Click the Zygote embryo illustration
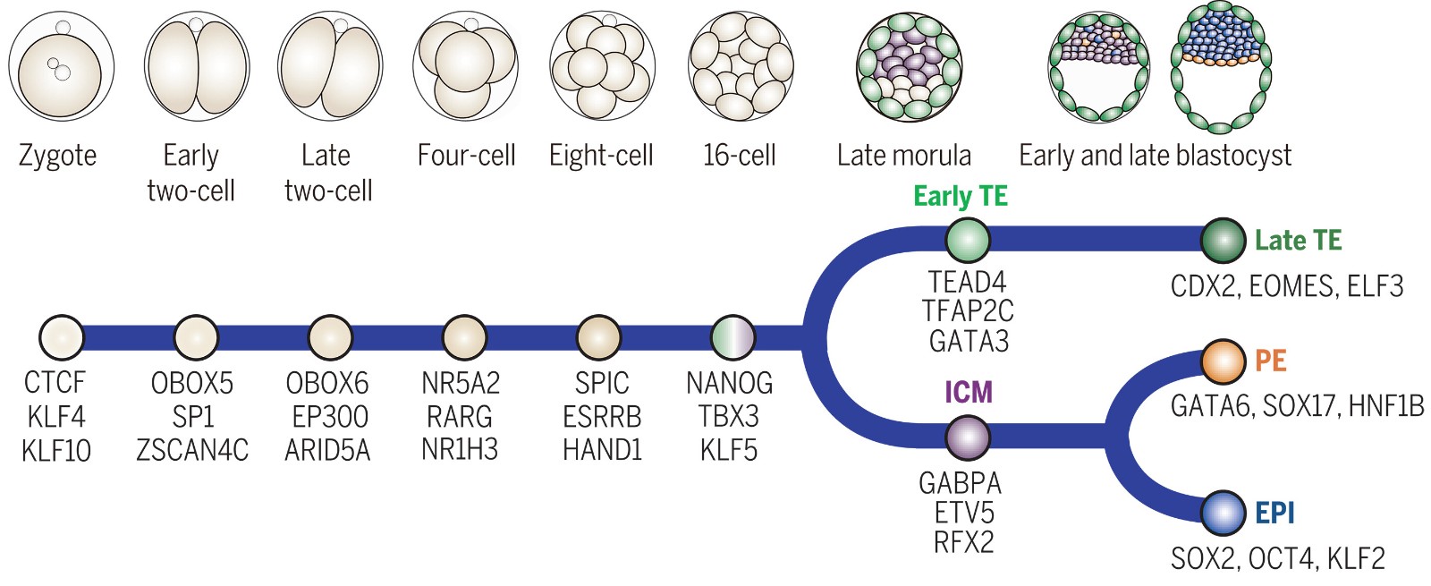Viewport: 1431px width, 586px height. tap(62, 67)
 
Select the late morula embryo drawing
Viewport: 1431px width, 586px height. tap(908, 68)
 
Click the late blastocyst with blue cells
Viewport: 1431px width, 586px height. tap(1221, 68)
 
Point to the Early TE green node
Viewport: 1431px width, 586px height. tap(968, 240)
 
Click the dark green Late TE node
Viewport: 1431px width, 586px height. tap(1223, 240)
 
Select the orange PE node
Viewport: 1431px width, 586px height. tap(1223, 361)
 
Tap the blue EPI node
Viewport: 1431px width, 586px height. tap(1223, 514)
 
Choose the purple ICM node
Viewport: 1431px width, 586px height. tap(968, 437)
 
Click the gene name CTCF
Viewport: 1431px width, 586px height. tap(55, 383)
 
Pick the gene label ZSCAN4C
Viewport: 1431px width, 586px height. tap(192, 450)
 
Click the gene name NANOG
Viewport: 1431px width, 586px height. tap(729, 383)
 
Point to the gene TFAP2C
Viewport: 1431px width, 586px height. tap(968, 311)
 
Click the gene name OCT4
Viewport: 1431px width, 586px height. tap(1282, 558)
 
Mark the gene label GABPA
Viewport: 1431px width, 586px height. tap(960, 483)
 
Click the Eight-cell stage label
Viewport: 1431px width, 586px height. tap(601, 156)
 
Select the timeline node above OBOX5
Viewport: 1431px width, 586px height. tap(196, 337)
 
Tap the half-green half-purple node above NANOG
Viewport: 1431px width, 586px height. tap(732, 337)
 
